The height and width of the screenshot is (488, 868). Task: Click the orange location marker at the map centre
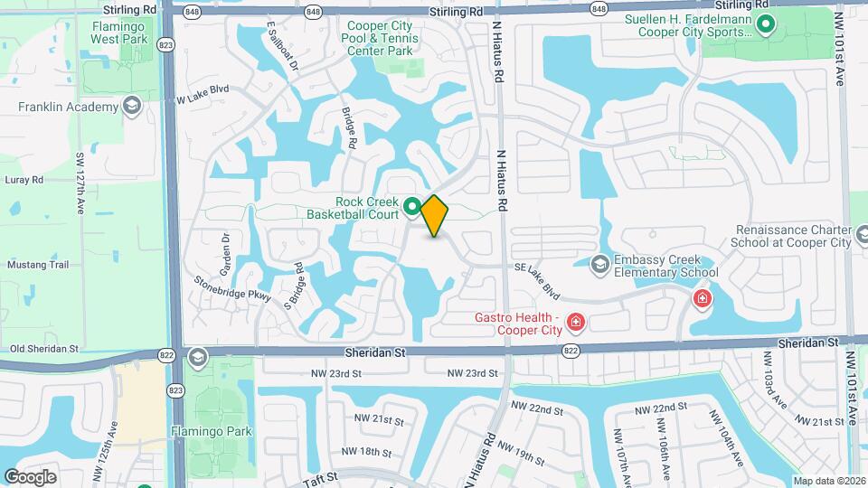(x=434, y=215)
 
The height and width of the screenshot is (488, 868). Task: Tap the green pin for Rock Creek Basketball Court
(x=411, y=207)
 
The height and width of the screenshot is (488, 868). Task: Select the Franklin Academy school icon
(x=133, y=107)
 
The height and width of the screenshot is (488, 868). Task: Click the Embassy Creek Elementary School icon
(x=599, y=264)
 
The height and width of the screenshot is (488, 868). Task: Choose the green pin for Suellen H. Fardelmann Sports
(x=766, y=24)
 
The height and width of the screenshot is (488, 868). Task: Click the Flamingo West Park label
(x=118, y=33)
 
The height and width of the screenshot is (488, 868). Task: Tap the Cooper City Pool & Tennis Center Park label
(x=382, y=39)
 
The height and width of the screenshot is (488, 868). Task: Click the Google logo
(x=30, y=476)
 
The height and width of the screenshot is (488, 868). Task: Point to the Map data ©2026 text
(x=828, y=481)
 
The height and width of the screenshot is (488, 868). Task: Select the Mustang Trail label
(x=38, y=265)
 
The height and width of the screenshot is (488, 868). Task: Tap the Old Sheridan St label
(x=44, y=348)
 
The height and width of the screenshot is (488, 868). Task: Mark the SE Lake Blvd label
(x=537, y=280)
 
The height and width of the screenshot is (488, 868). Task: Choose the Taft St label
(x=319, y=475)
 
